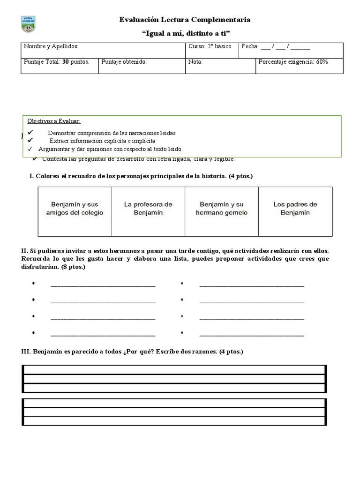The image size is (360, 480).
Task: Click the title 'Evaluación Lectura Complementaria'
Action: pos(185,20)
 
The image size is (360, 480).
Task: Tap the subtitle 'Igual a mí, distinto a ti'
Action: pos(186,33)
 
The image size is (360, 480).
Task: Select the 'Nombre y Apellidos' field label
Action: pos(51,47)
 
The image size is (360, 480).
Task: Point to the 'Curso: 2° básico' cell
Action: pos(210,47)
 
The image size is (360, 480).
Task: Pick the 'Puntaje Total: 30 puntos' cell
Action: pos(56,61)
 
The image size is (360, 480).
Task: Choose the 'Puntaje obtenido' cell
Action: pos(124,61)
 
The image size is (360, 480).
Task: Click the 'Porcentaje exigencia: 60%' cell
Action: pos(293,61)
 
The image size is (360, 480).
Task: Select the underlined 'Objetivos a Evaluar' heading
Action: pos(54,121)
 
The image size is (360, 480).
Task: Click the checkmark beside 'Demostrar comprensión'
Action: pos(30,133)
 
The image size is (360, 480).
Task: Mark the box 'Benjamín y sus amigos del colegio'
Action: pos(75,209)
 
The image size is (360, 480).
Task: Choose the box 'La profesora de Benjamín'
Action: pos(148,209)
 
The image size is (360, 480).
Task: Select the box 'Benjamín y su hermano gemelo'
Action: pos(222,209)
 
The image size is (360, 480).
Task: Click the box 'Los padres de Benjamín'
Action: pos(295,209)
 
